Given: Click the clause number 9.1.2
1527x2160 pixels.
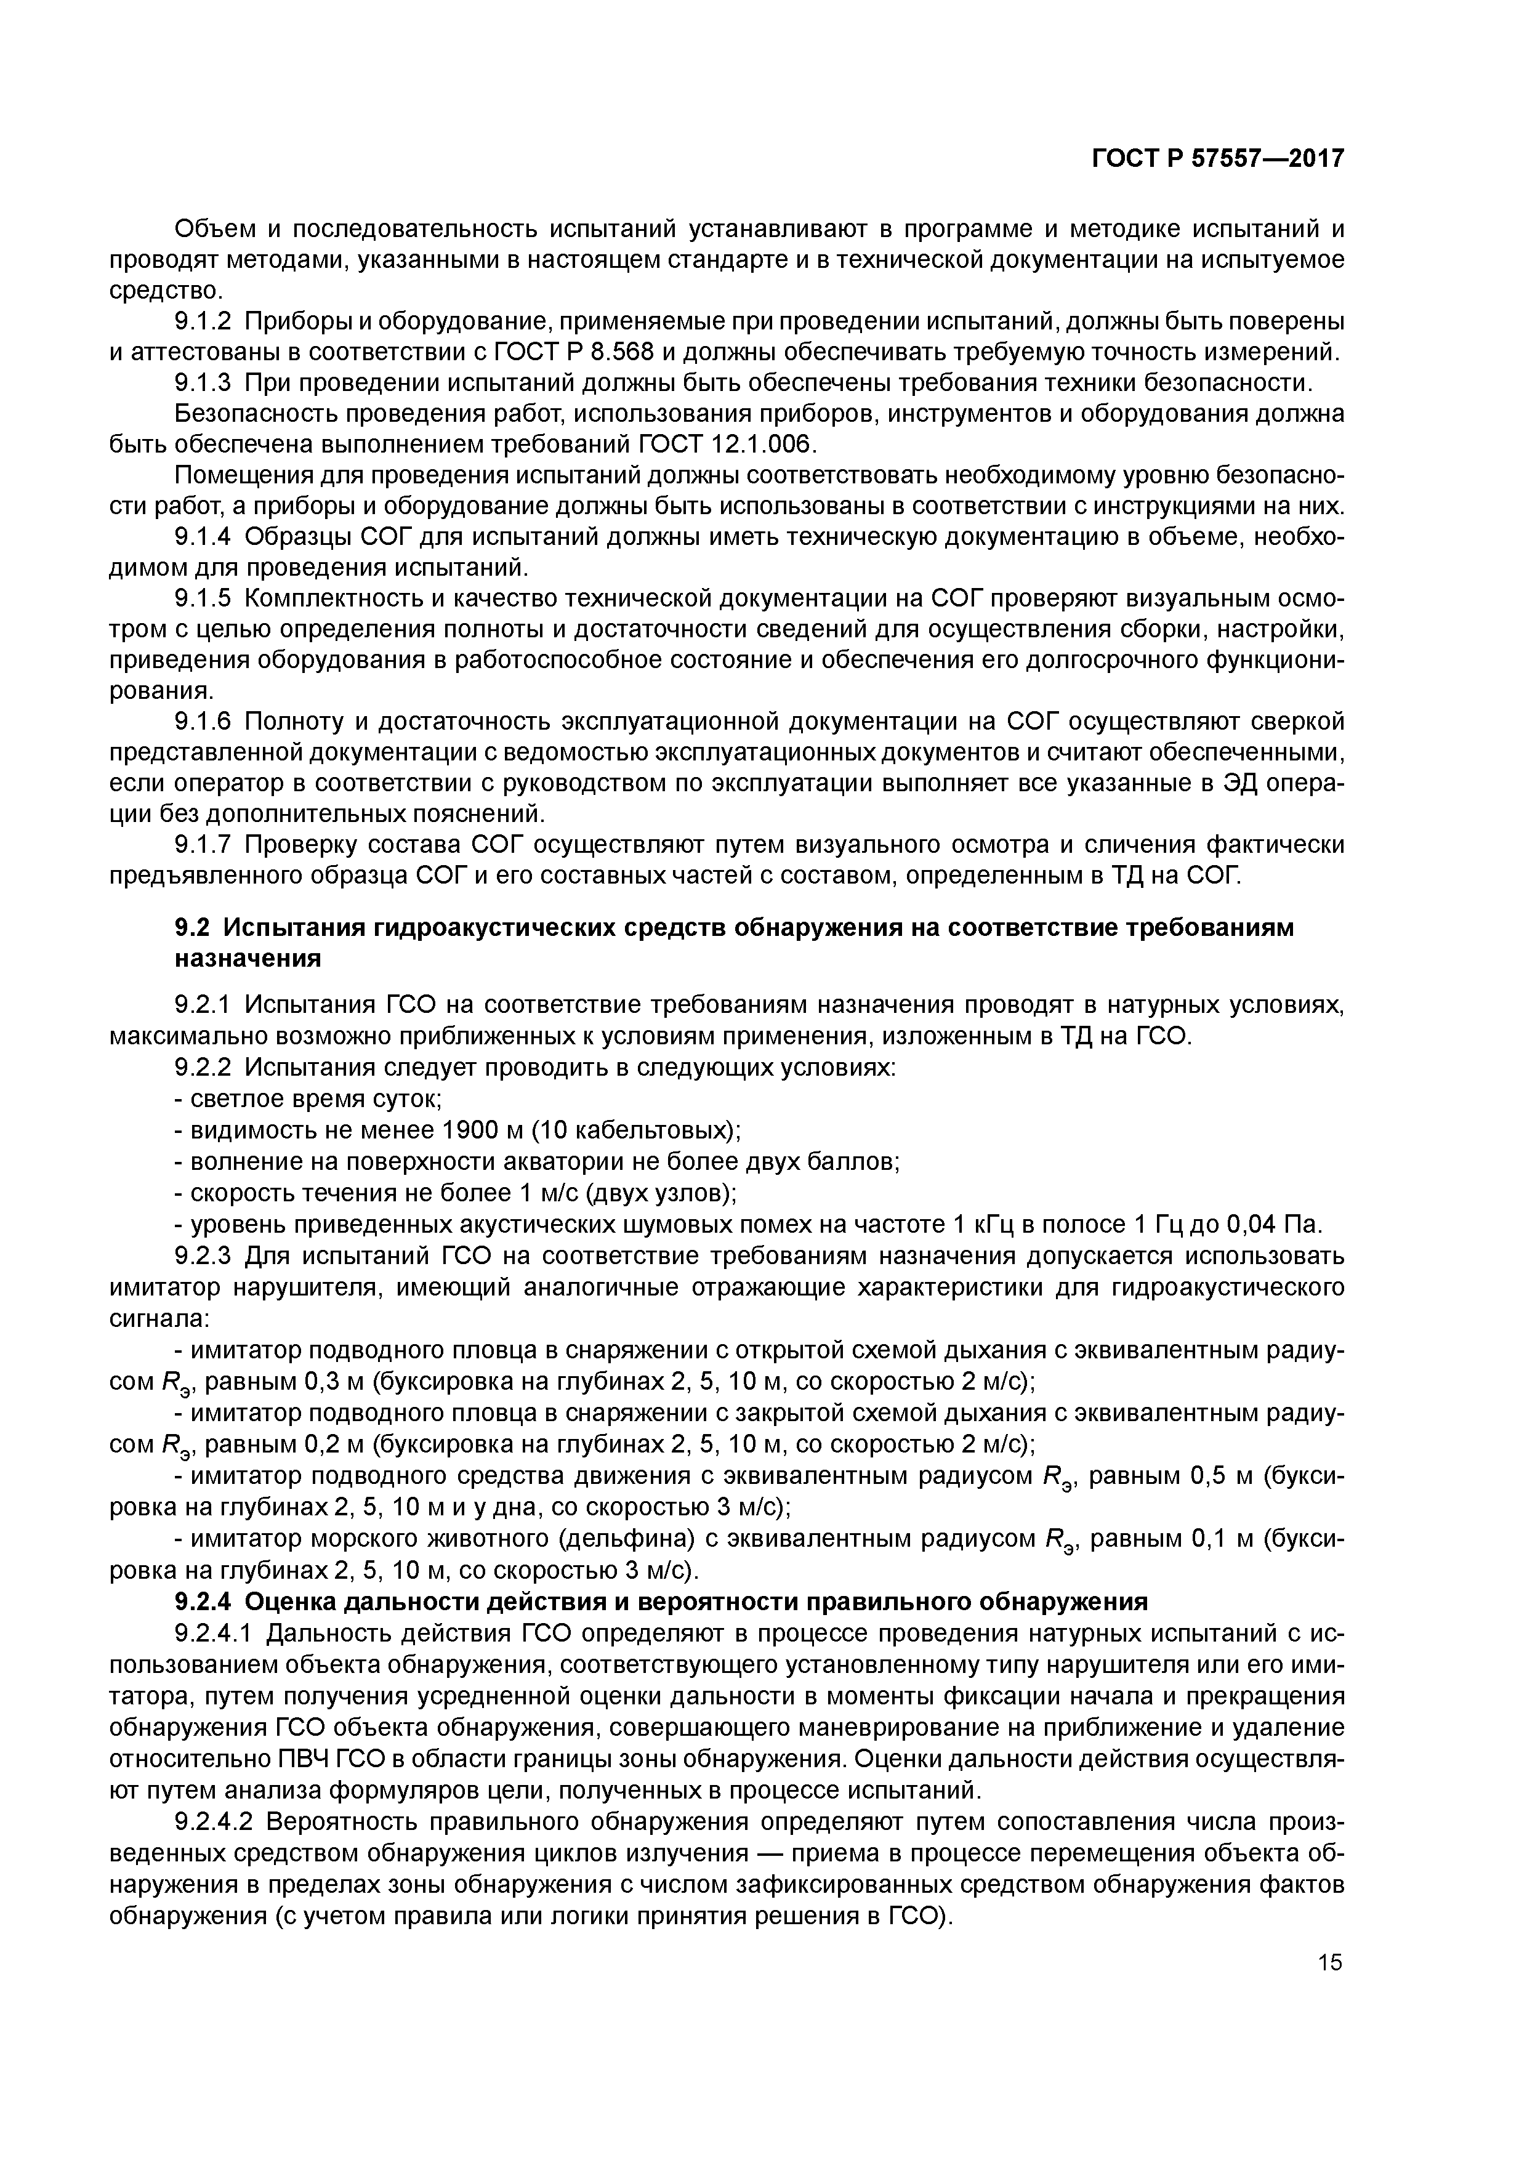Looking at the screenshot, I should pyautogui.click(x=203, y=322).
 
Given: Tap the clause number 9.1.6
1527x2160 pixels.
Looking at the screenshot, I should pyautogui.click(x=203, y=722).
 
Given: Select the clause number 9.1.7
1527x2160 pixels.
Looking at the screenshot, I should pyautogui.click(x=203, y=845).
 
